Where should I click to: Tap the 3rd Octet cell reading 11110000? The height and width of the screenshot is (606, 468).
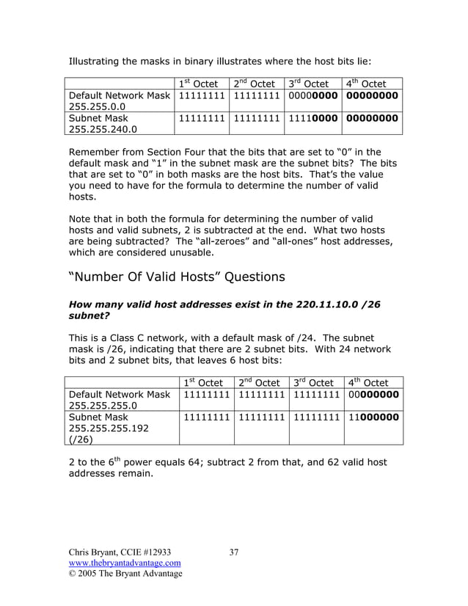point(312,117)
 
